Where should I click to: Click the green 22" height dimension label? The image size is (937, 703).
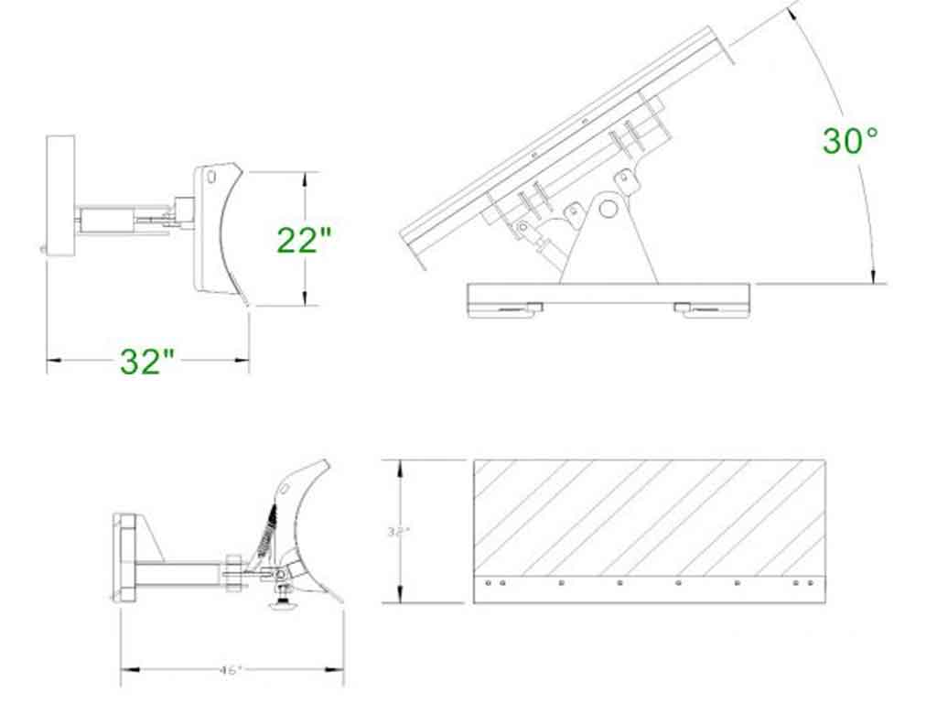coord(304,240)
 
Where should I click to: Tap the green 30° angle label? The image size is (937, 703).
coord(850,141)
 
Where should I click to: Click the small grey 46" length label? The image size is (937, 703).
coord(231,670)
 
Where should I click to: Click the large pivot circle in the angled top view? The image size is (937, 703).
coord(609,209)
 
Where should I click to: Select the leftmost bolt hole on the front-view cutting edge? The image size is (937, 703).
coord(490,582)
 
